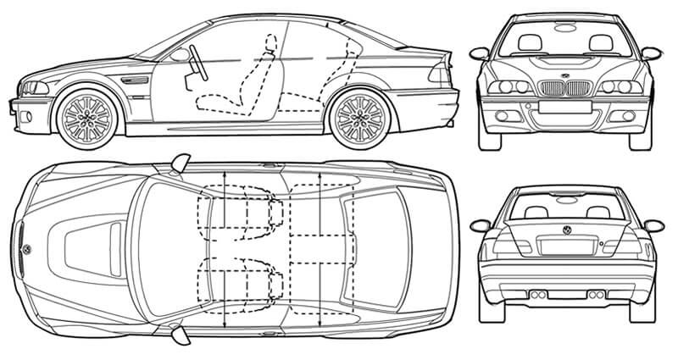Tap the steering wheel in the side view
coord(194,62)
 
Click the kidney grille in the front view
coord(566,87)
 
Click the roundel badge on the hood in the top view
coord(28,250)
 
